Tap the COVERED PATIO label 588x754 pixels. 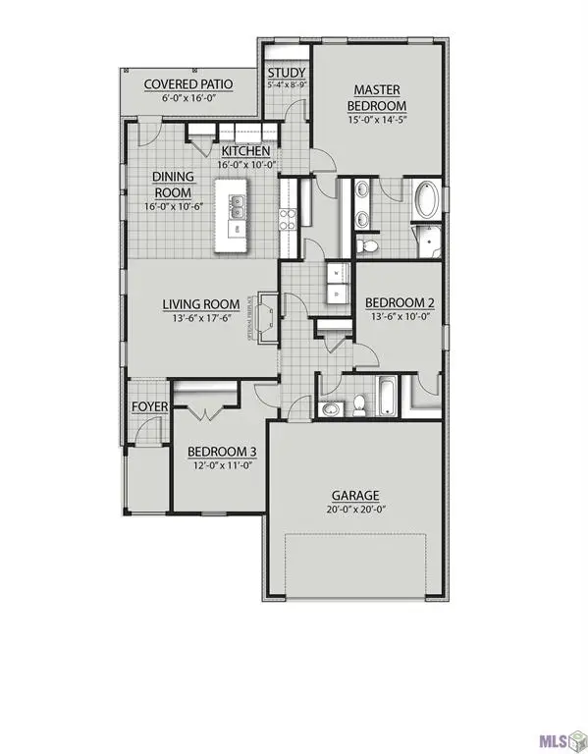click(187, 84)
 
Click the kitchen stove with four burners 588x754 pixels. click(289, 219)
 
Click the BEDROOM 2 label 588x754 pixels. click(400, 303)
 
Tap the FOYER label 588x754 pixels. click(149, 406)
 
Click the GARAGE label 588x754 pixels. click(354, 496)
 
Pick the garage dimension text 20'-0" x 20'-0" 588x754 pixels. click(354, 512)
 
